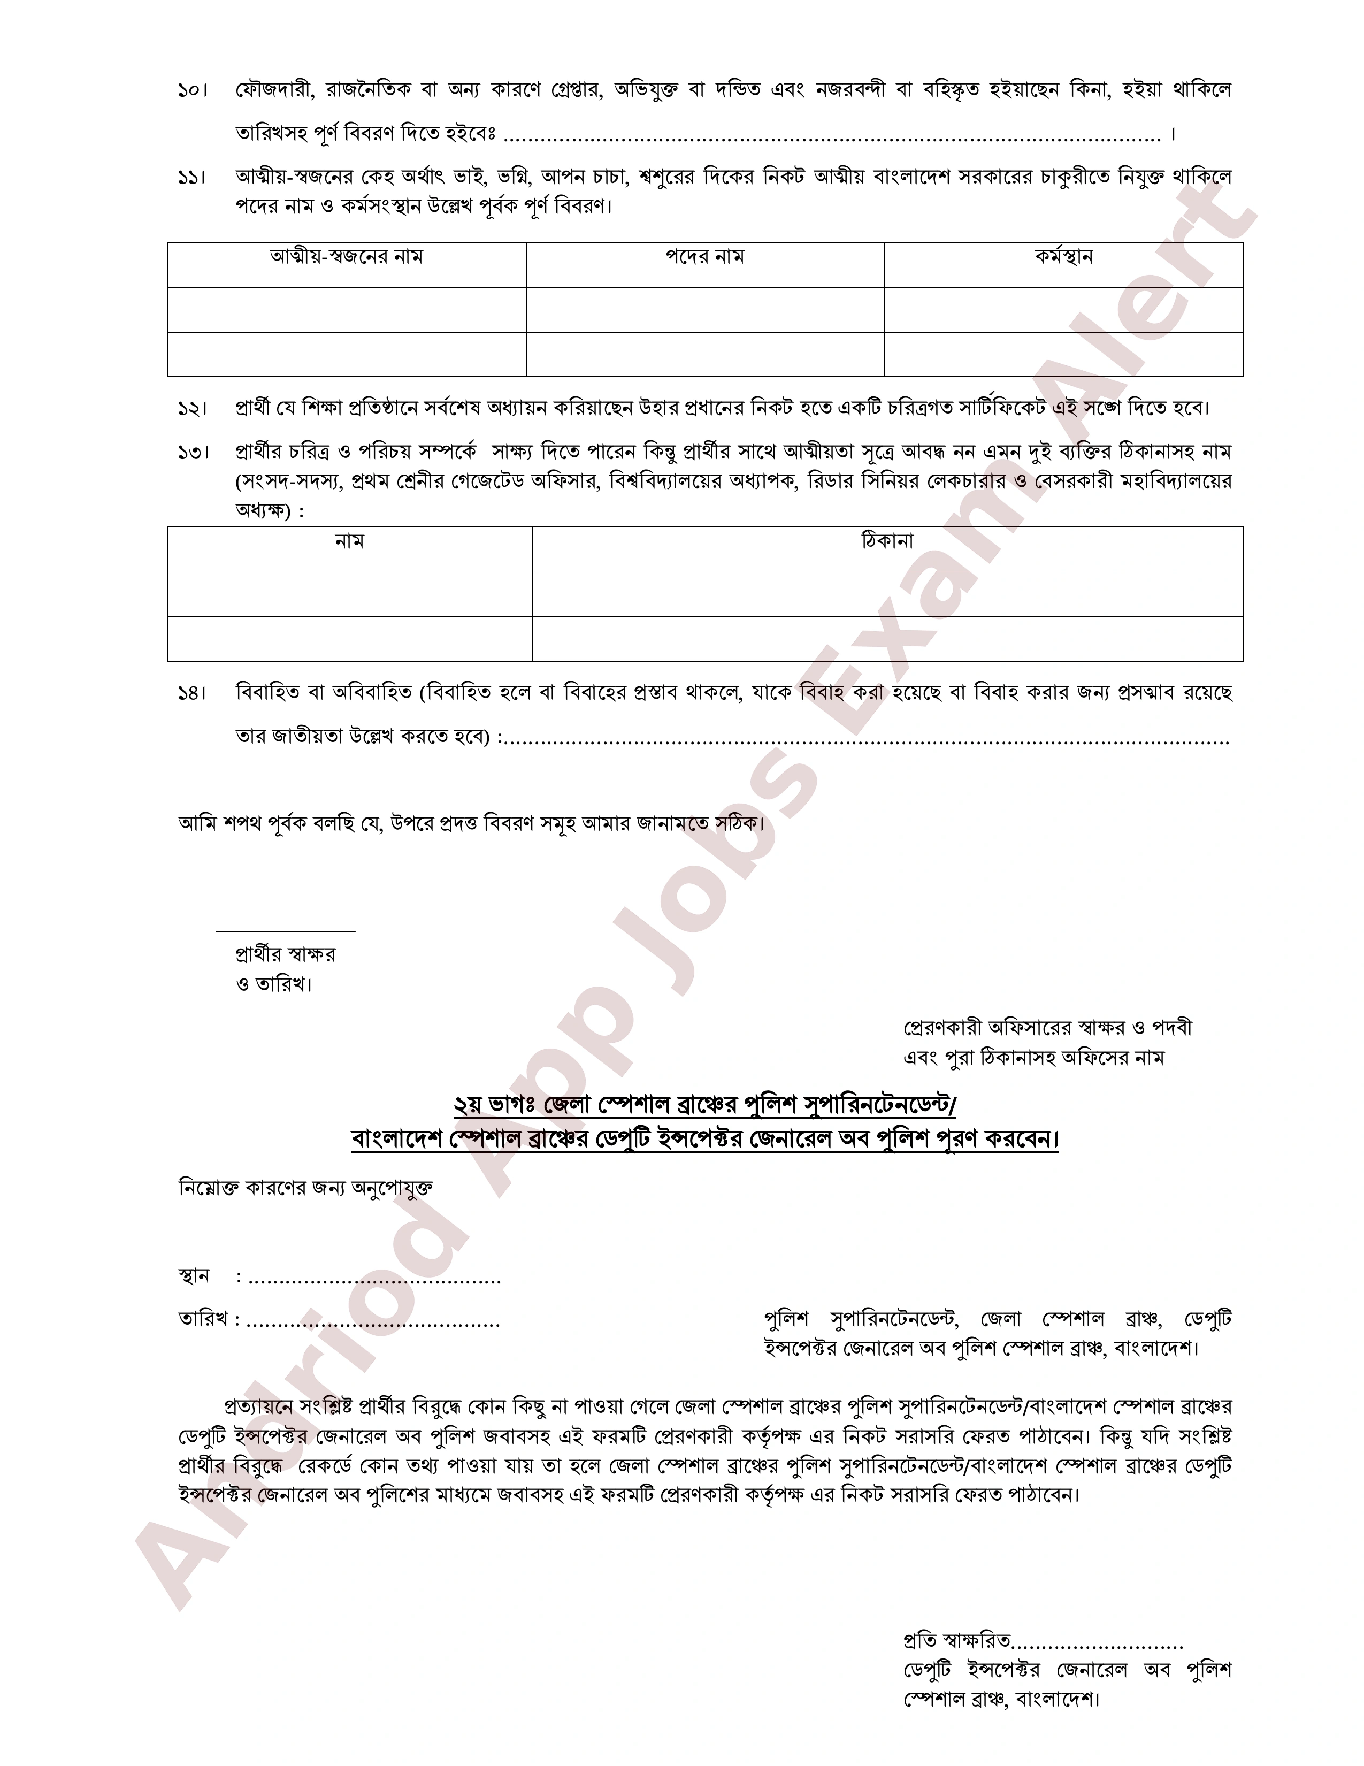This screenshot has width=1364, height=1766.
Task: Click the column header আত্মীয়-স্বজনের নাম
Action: pos(346,258)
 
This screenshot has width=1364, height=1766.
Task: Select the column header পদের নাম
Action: pos(704,258)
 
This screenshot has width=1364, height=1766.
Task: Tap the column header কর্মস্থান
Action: pos(1063,258)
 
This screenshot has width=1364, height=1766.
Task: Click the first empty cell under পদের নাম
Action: pos(704,310)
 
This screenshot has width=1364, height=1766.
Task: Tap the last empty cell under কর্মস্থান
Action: pos(1063,354)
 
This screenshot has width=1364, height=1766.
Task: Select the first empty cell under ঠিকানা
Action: pos(887,594)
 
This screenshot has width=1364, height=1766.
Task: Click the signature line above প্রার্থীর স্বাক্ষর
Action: pos(286,931)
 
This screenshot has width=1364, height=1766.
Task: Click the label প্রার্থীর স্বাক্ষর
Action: pos(286,955)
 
